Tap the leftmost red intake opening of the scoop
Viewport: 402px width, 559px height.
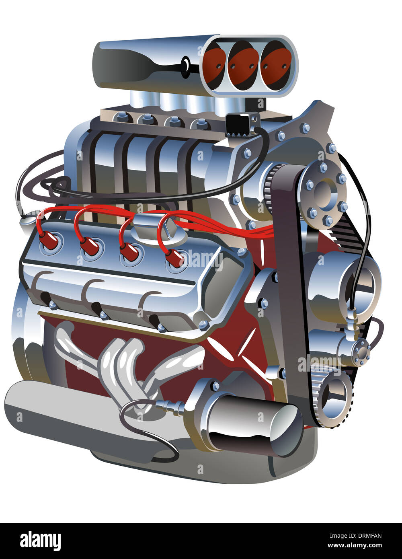[214, 66]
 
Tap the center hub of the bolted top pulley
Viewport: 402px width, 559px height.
[324, 193]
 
